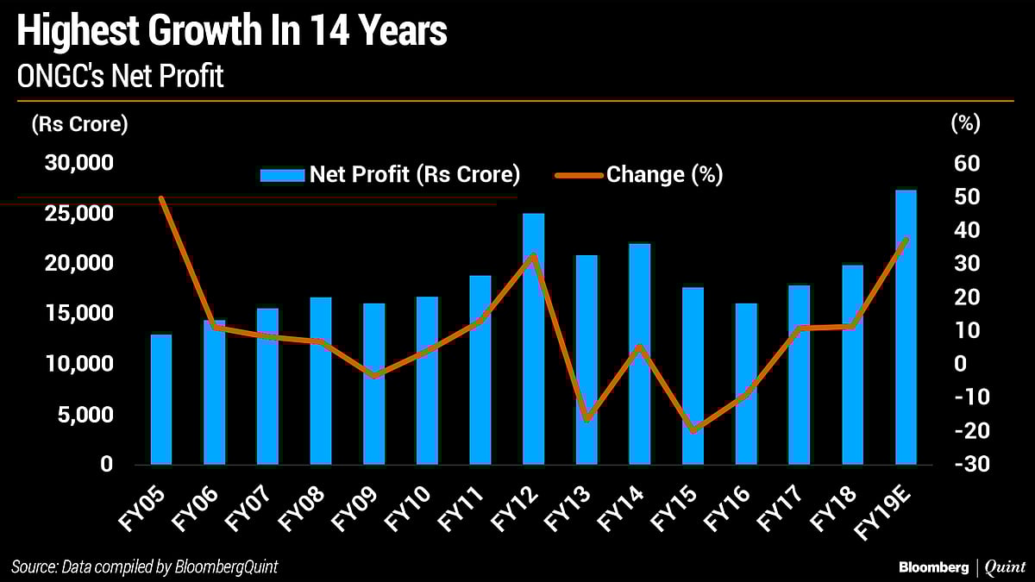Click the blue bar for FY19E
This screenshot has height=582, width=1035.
click(x=906, y=328)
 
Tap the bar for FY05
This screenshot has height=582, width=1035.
click(x=161, y=399)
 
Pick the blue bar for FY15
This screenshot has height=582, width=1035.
click(x=693, y=376)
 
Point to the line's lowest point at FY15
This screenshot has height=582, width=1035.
click(x=693, y=430)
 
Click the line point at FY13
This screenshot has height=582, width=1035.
click(x=587, y=419)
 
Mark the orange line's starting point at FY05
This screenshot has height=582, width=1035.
click(x=161, y=198)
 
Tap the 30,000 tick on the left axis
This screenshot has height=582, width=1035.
click(x=77, y=163)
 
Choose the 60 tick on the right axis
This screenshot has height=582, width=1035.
click(x=966, y=163)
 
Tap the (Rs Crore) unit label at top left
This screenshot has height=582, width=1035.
click(x=79, y=124)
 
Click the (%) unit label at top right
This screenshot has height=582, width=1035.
click(x=966, y=124)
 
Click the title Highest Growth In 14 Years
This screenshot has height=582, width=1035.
click(x=232, y=33)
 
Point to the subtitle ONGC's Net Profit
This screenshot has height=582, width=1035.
click(x=121, y=77)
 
